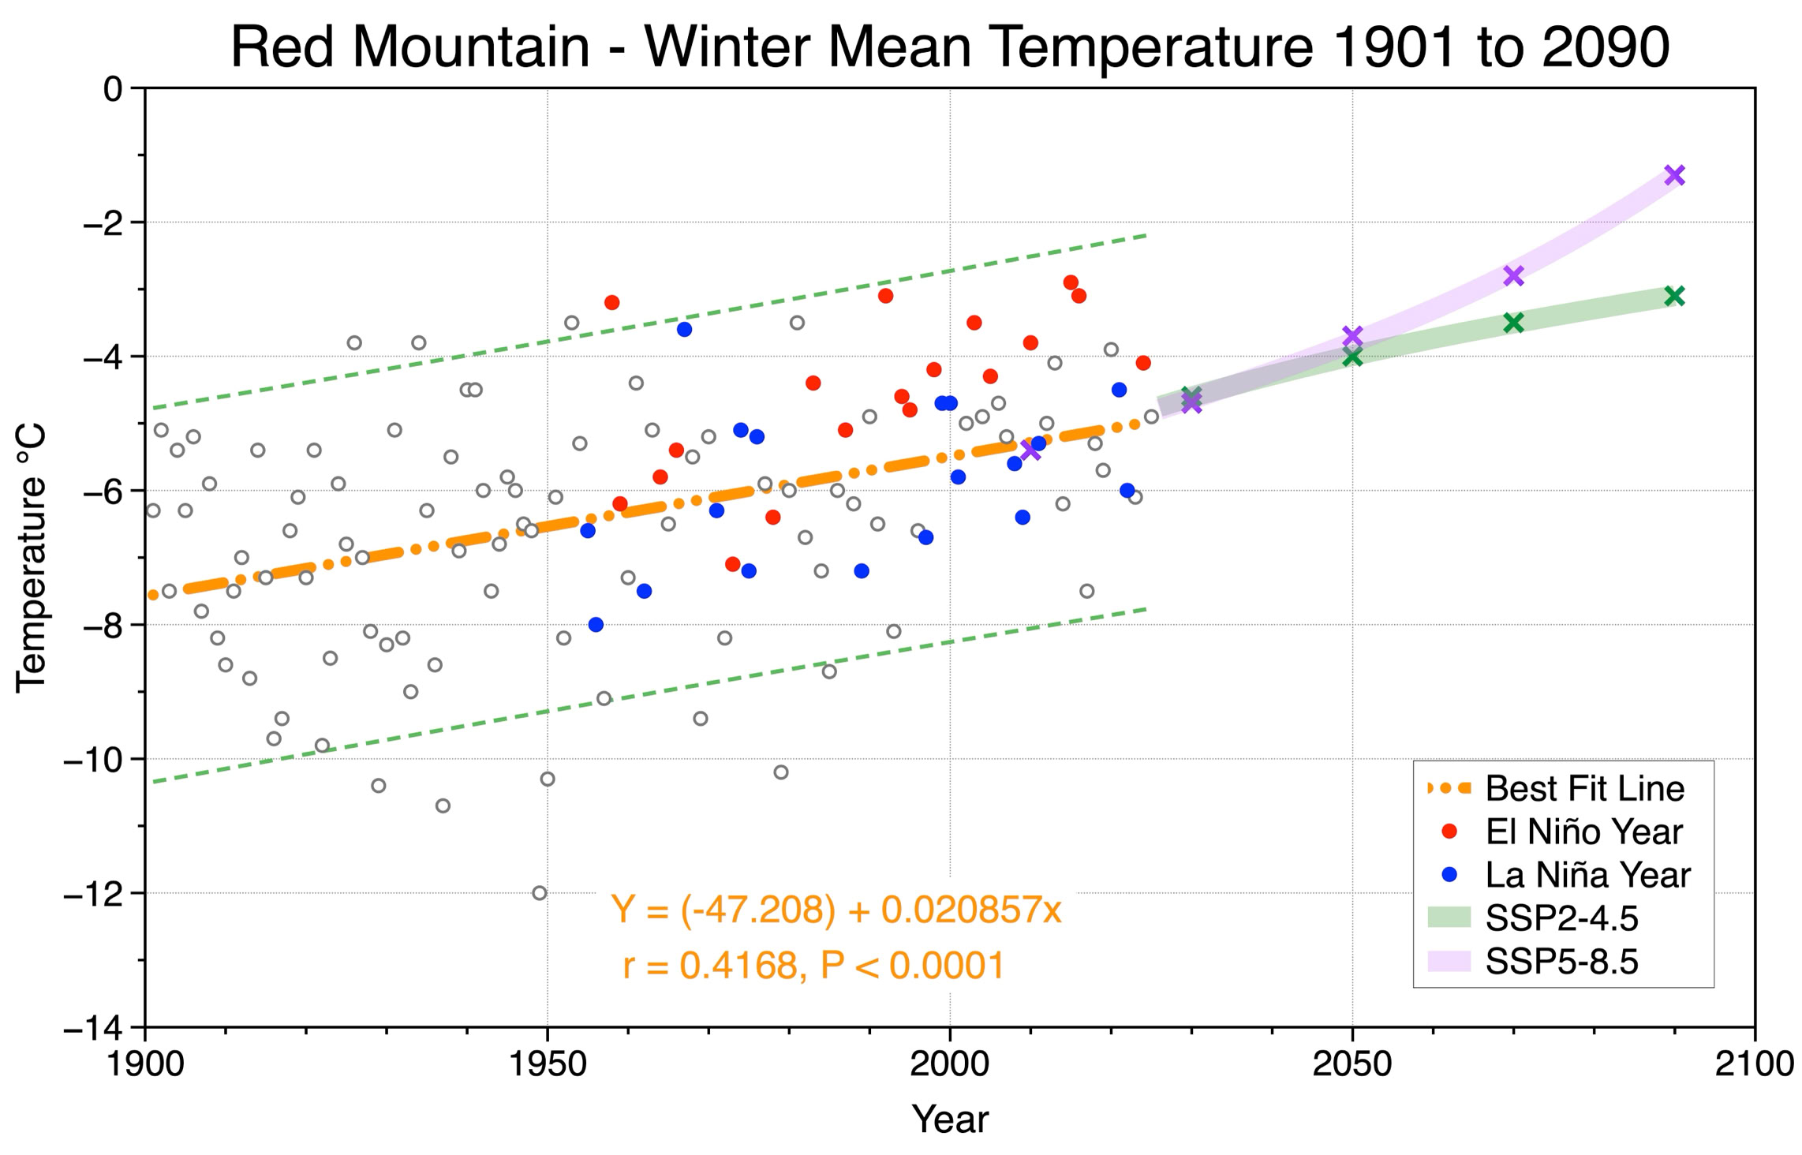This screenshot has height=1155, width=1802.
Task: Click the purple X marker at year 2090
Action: pyautogui.click(x=1674, y=175)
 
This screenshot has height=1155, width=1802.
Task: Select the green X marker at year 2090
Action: pyautogui.click(x=1674, y=296)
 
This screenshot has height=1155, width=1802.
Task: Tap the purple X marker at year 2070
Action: pyautogui.click(x=1513, y=275)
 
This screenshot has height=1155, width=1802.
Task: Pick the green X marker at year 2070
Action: pyautogui.click(x=1513, y=322)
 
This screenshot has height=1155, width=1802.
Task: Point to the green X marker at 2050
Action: pyautogui.click(x=1352, y=357)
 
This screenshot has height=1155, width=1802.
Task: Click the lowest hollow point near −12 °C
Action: pyautogui.click(x=540, y=893)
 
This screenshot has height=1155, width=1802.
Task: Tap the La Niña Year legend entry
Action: pyautogui.click(x=1557, y=875)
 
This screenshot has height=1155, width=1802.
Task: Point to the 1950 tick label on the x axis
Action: pyautogui.click(x=548, y=1065)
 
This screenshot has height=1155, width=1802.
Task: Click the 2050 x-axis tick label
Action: pyautogui.click(x=1352, y=1065)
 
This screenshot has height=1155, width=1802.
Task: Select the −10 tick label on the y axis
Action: pyautogui.click(x=93, y=759)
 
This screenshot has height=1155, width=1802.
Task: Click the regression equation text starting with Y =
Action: pyautogui.click(x=836, y=910)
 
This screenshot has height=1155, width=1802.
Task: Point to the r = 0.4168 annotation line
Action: pyautogui.click(x=813, y=966)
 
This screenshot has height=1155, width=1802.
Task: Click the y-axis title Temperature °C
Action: pyautogui.click(x=32, y=558)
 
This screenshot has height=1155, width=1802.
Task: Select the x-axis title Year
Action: pyautogui.click(x=950, y=1119)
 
